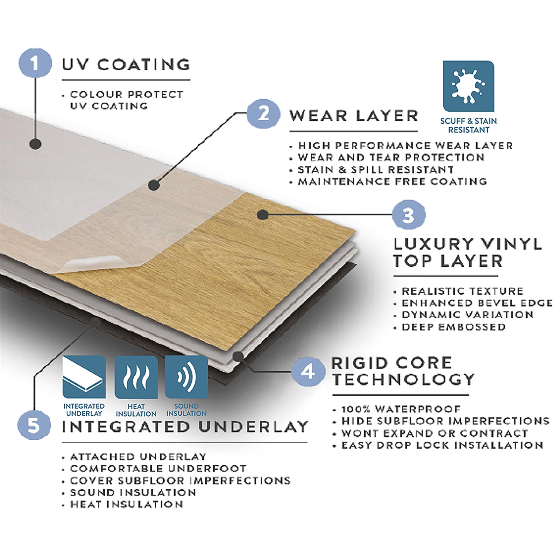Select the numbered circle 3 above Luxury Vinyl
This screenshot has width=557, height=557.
point(409,214)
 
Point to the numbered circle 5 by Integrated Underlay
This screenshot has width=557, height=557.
point(34,426)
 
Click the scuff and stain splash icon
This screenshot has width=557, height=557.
point(468,86)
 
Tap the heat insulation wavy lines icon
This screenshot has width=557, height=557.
point(136,377)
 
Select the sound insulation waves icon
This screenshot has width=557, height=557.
point(186,377)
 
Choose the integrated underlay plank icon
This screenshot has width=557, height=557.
point(84,377)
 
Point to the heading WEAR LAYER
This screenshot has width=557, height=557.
point(354,116)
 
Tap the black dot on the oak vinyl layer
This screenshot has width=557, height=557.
point(262,214)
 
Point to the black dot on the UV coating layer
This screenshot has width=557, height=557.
point(36,144)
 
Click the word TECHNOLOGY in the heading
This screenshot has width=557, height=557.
point(403,379)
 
